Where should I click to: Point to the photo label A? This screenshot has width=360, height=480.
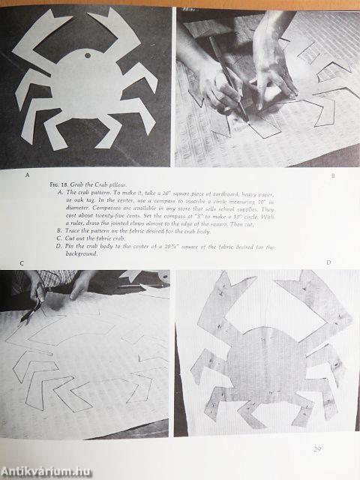(x=28, y=175)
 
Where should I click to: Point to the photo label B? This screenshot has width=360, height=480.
(x=332, y=177)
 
